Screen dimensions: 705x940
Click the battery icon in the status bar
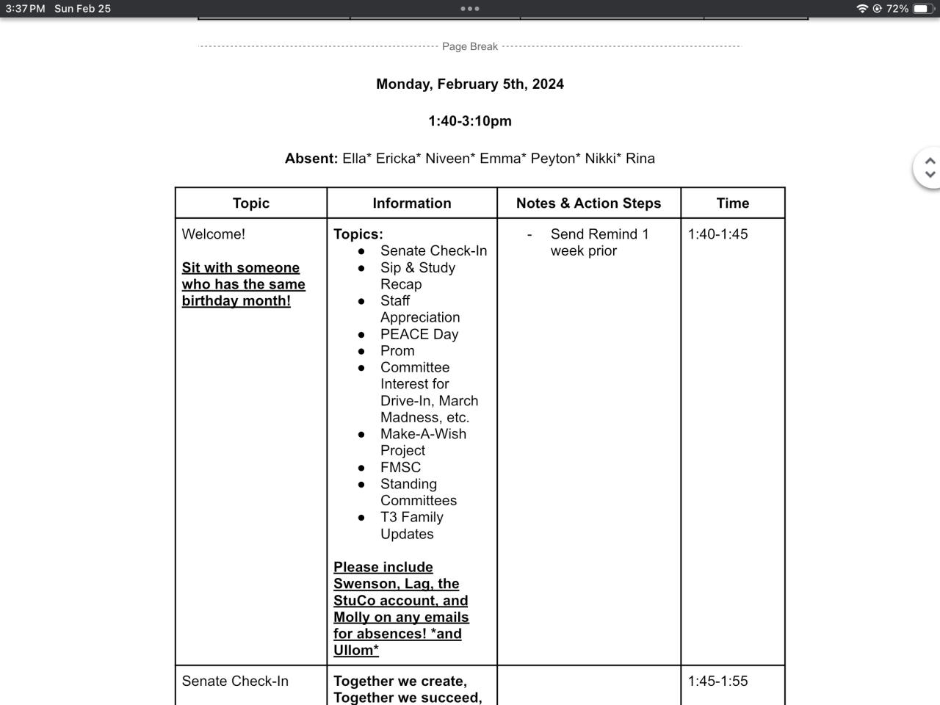coord(922,9)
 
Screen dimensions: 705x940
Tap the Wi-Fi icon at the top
coord(862,9)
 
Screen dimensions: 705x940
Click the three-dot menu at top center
coord(470,9)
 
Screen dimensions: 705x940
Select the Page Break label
coord(470,46)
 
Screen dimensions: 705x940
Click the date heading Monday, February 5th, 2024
coord(470,84)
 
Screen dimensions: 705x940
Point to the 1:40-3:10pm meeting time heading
coord(470,121)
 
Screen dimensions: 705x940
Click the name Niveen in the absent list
coord(447,159)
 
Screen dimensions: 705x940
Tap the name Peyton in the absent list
coord(554,159)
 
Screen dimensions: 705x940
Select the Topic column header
coord(251,203)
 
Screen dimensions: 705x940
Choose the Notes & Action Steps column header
coord(588,203)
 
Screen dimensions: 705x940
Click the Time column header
coord(733,203)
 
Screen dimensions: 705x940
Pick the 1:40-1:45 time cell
coord(717,234)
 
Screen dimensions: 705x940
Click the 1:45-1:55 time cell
coord(717,681)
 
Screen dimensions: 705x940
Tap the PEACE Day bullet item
coord(419,334)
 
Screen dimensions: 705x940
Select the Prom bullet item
coord(397,351)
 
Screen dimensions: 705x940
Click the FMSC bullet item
coord(400,467)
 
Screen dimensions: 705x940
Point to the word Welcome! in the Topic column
coord(214,234)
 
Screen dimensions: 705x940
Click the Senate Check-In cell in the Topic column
coord(235,681)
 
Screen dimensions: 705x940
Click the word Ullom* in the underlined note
coord(356,651)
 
